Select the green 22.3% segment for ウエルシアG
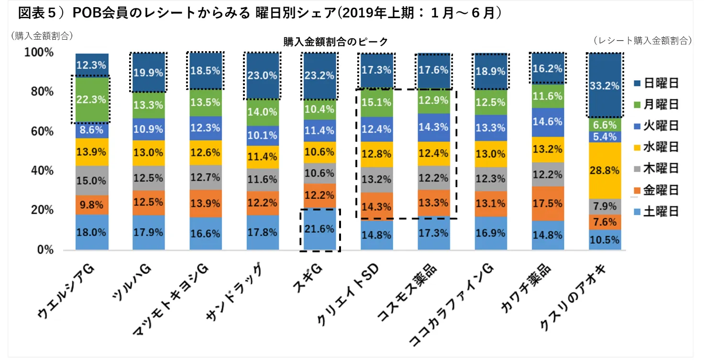coord(91,99)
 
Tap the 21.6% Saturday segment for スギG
coord(319,229)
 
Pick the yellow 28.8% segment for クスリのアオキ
coord(605,170)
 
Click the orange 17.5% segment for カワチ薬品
coord(548,203)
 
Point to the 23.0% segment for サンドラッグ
coord(262,75)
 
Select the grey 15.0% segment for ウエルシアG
coord(91,180)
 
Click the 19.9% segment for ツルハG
coord(148,73)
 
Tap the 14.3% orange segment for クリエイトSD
coord(376,207)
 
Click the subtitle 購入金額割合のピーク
coord(336,42)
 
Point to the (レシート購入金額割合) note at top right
coord(642,41)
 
